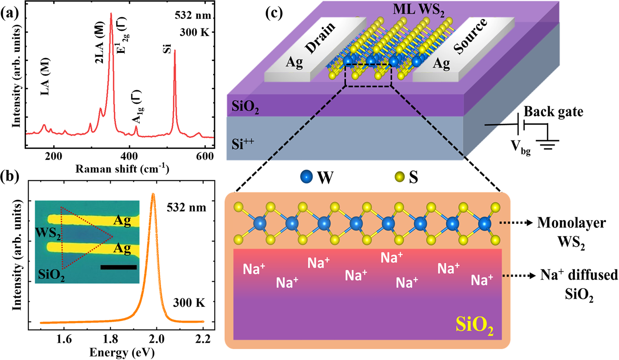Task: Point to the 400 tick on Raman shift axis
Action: [x=130, y=156]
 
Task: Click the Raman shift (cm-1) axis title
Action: [x=122, y=169]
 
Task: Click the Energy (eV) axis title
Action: [x=122, y=352]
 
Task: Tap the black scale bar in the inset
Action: [x=118, y=267]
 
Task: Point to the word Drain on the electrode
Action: [x=320, y=38]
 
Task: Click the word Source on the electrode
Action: [x=470, y=36]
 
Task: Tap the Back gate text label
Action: [x=553, y=112]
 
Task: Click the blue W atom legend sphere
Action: [x=307, y=177]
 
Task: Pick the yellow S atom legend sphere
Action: [x=399, y=177]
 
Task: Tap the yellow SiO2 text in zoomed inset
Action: [x=475, y=325]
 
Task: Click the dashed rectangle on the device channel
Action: [x=368, y=75]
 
